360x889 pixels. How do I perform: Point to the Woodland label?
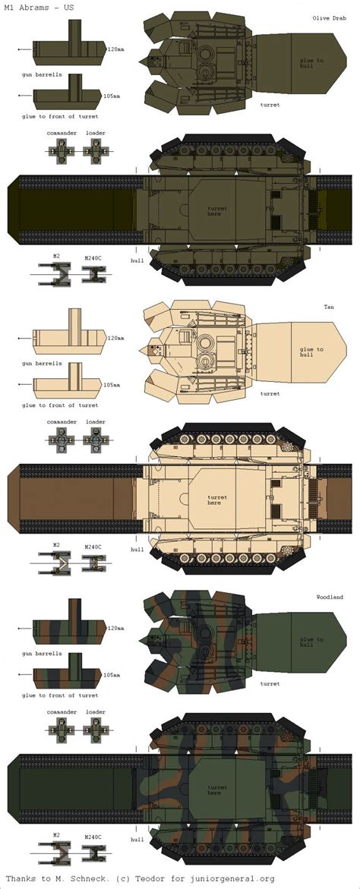[330, 597]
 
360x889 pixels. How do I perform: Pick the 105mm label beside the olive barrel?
[112, 95]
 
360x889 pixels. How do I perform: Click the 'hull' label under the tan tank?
[137, 549]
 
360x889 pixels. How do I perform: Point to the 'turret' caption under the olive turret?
[270, 104]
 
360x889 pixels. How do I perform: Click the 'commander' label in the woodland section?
[63, 711]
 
